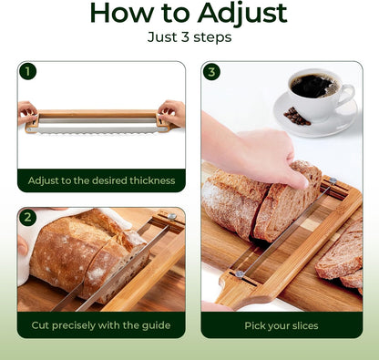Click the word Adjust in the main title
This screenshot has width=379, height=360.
[242, 14]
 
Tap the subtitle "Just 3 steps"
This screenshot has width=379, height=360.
[189, 37]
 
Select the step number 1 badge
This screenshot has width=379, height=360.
[27, 72]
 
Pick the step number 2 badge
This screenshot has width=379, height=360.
[27, 218]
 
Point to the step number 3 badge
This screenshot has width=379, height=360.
[211, 72]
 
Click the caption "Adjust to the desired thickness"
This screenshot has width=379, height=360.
[101, 180]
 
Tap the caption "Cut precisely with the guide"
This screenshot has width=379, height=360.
[101, 325]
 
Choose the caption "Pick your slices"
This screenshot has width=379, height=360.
[282, 325]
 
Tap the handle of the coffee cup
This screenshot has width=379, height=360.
[349, 95]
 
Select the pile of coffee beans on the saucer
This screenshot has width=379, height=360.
[296, 117]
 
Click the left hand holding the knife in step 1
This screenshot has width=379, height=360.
[27, 113]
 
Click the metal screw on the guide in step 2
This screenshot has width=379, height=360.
[172, 217]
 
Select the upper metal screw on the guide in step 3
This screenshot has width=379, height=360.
[333, 180]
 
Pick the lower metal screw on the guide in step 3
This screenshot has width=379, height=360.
[240, 274]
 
